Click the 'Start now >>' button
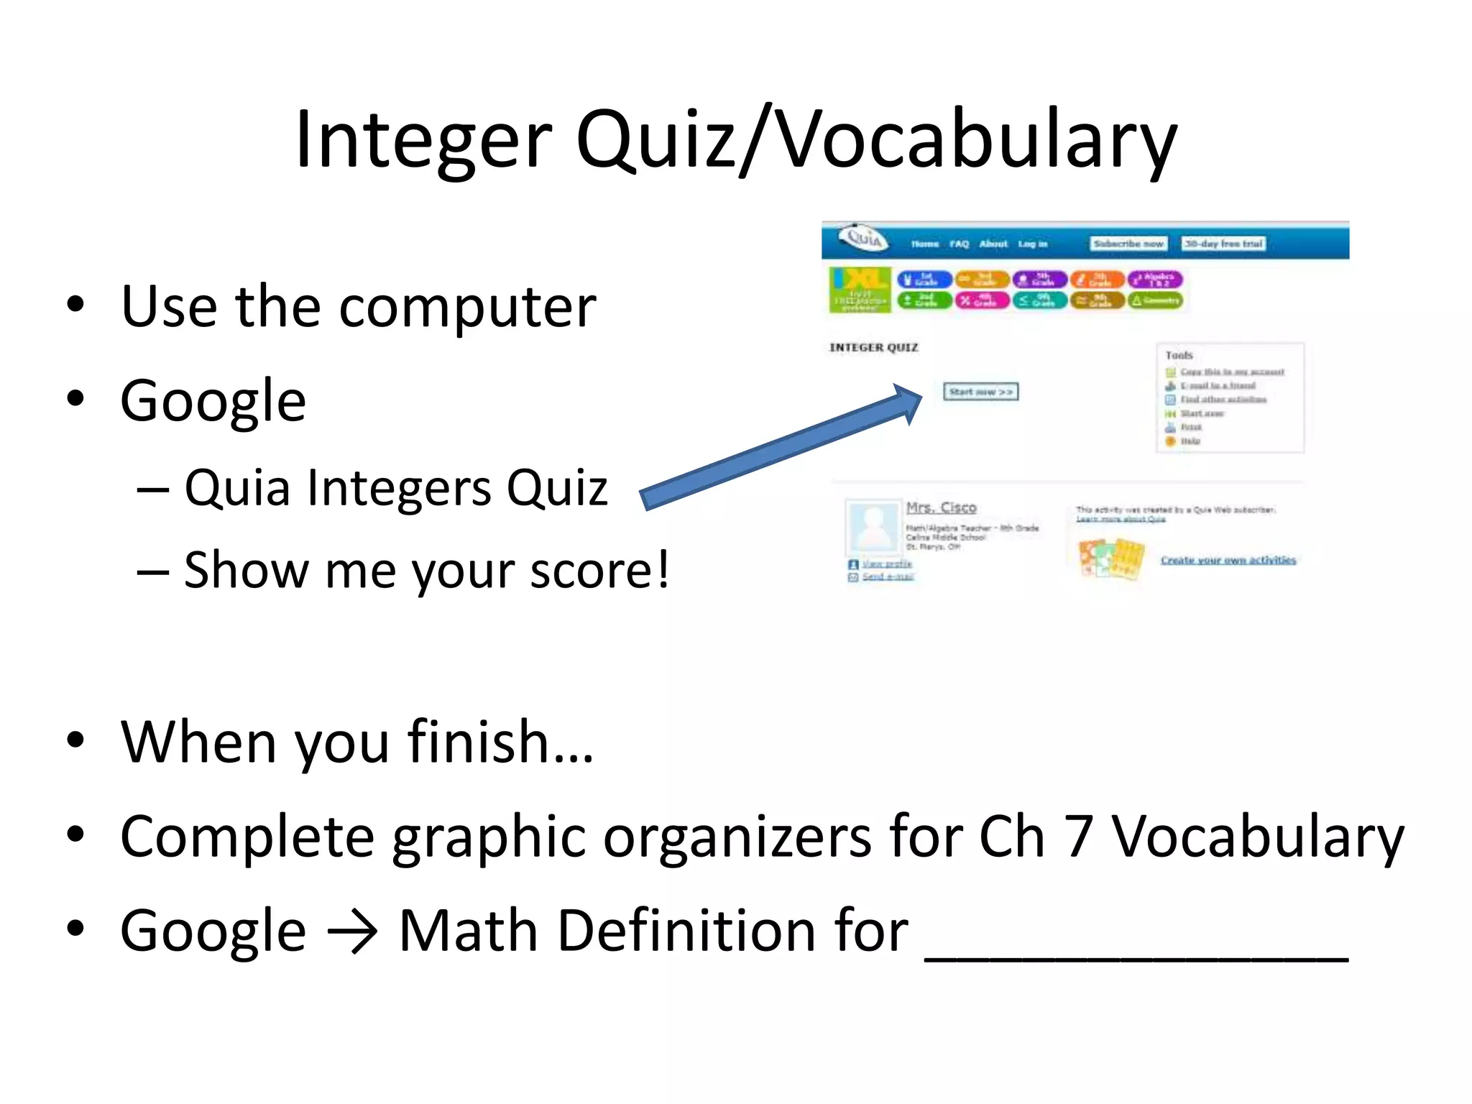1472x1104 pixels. (980, 392)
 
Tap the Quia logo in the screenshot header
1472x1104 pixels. (864, 238)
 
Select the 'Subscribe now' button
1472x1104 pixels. (1128, 244)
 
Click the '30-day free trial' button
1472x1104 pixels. (1223, 244)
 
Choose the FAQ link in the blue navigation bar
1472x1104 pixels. (959, 244)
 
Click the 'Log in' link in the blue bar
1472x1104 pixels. (1033, 244)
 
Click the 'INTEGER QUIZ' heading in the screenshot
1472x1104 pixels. (873, 348)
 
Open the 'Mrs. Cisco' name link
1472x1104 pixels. (941, 507)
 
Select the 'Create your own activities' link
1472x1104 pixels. (1228, 560)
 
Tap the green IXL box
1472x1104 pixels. (860, 290)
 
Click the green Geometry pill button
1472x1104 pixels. (1155, 300)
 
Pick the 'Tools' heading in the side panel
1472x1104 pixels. (1179, 355)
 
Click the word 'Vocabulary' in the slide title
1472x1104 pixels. (977, 140)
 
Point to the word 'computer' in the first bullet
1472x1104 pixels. (467, 308)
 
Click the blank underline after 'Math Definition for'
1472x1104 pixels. (1136, 952)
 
